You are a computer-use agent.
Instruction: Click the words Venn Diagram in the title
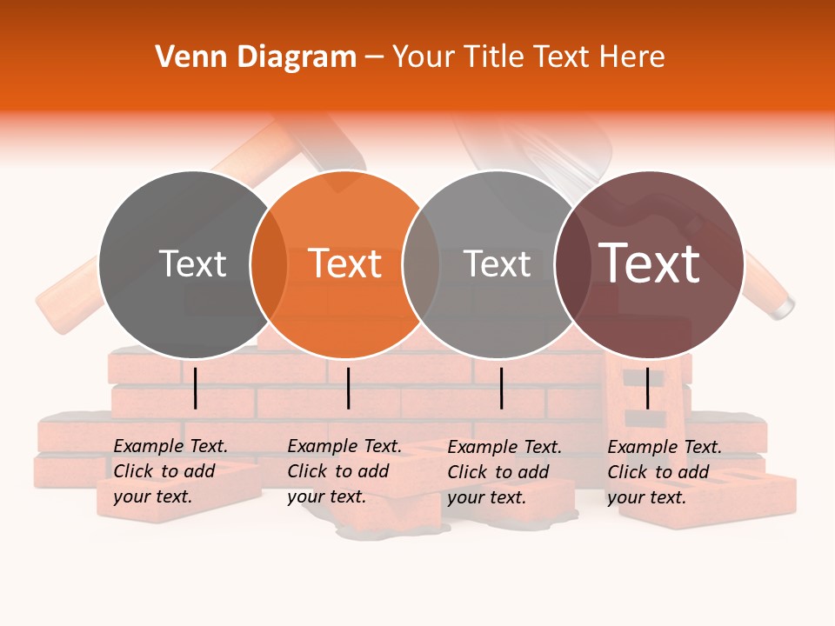(x=256, y=57)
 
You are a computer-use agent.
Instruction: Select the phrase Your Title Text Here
(x=528, y=57)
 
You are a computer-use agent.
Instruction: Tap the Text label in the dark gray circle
(x=192, y=264)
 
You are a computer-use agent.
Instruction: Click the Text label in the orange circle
(x=345, y=264)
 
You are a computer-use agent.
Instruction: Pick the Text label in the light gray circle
(x=497, y=264)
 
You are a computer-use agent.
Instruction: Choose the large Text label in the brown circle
(x=650, y=263)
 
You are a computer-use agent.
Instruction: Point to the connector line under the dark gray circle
(x=196, y=388)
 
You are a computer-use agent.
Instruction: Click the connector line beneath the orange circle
(x=348, y=388)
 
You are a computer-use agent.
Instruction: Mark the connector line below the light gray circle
(x=501, y=388)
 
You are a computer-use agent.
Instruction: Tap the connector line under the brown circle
(x=647, y=388)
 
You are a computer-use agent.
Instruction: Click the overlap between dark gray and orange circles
(x=269, y=264)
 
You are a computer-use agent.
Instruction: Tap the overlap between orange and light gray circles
(x=421, y=264)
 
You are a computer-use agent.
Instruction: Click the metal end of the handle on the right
(x=784, y=306)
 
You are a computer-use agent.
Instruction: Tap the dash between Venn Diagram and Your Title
(x=374, y=58)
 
